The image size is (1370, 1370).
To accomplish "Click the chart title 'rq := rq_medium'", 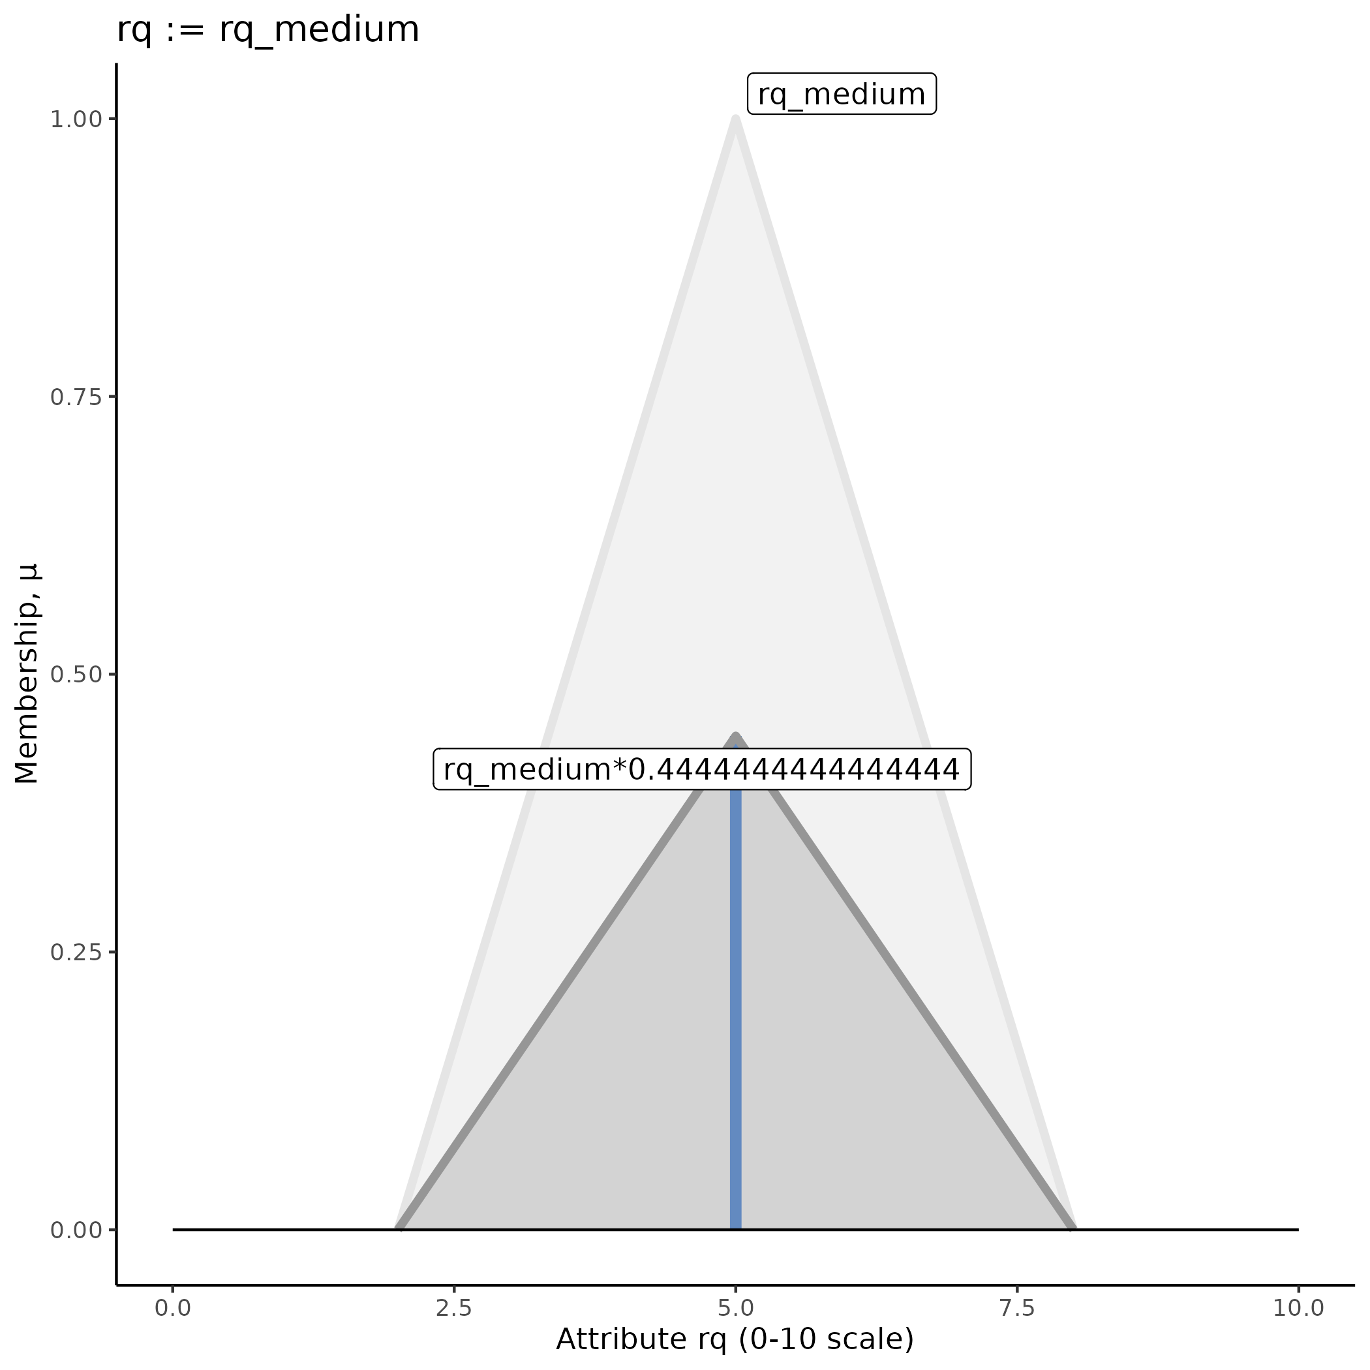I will point(267,31).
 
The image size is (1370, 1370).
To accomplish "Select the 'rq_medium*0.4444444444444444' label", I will point(701,769).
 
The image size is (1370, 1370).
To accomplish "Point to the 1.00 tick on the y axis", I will point(76,119).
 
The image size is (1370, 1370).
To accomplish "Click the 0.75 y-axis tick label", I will point(76,397).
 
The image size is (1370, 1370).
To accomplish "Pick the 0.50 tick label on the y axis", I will point(76,675).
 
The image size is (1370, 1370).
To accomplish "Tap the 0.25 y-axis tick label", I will point(76,952).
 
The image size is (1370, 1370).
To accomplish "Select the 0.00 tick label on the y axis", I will point(76,1230).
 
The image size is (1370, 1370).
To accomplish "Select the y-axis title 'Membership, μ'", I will point(27,674).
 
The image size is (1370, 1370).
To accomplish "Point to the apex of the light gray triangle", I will point(735,120).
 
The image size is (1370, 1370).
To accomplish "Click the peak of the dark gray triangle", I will point(735,737).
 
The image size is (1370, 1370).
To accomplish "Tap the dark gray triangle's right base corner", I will point(1071,1228).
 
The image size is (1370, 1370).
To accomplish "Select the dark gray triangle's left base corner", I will point(399,1228).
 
